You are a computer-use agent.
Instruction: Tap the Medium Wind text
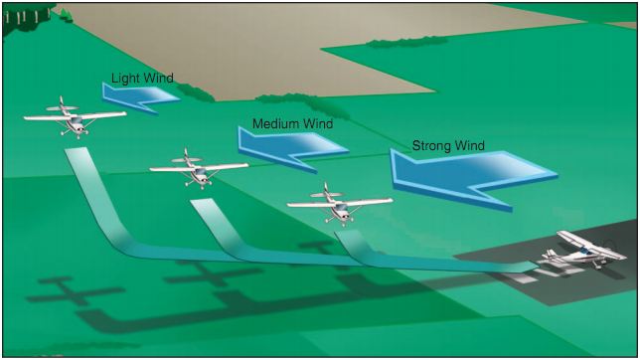click(291, 124)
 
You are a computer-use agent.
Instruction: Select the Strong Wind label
click(449, 146)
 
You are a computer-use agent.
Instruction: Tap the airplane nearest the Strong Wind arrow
click(339, 203)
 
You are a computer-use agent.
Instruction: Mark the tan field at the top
click(199, 45)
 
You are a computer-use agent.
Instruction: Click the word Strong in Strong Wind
click(431, 146)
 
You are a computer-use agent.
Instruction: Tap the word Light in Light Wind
click(124, 78)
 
